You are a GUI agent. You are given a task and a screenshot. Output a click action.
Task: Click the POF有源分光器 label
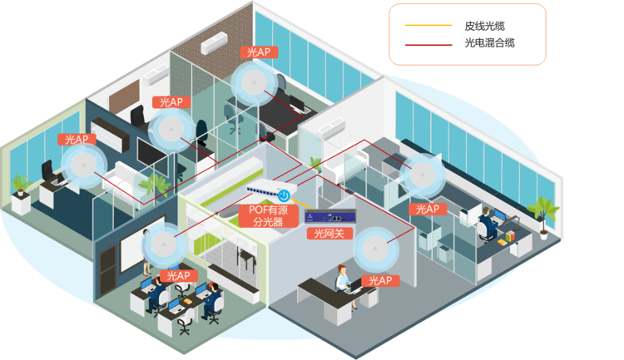pos(266,216)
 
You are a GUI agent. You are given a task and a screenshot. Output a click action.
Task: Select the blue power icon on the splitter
pos(284,195)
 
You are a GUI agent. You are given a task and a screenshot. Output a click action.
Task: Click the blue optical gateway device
pos(332,218)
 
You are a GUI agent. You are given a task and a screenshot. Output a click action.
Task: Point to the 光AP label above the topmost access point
pos(259,52)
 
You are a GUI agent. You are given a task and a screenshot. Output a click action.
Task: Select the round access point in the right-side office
pos(424,175)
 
